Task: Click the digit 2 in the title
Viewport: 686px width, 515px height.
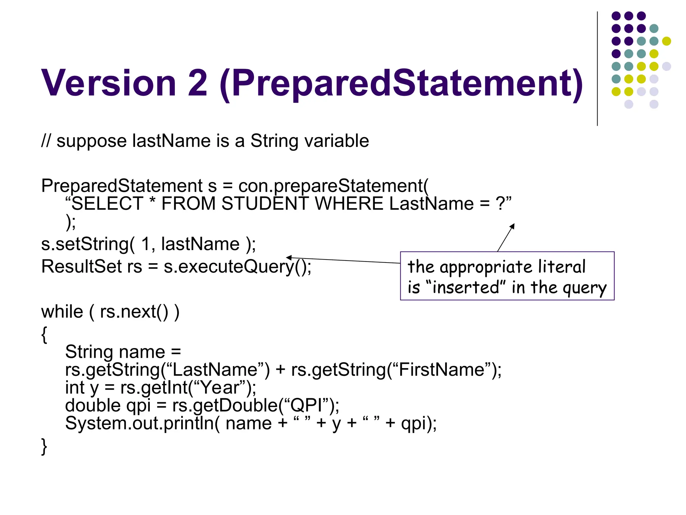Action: pyautogui.click(x=197, y=83)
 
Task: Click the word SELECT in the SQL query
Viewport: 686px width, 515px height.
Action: pyautogui.click(x=108, y=204)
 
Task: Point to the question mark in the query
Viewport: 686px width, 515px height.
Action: pyautogui.click(x=500, y=204)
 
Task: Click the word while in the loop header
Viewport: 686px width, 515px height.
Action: pyautogui.click(x=62, y=312)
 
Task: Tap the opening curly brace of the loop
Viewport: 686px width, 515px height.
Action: pyautogui.click(x=44, y=335)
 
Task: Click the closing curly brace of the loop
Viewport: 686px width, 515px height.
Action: pyautogui.click(x=44, y=446)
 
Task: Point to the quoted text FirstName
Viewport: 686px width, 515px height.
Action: pyautogui.click(x=442, y=370)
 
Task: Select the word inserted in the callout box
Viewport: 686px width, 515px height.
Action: pyautogui.click(x=466, y=288)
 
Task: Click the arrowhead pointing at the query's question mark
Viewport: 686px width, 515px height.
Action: pyautogui.click(x=512, y=226)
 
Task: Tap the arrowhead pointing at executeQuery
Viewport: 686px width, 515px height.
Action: pyautogui.click(x=289, y=257)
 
